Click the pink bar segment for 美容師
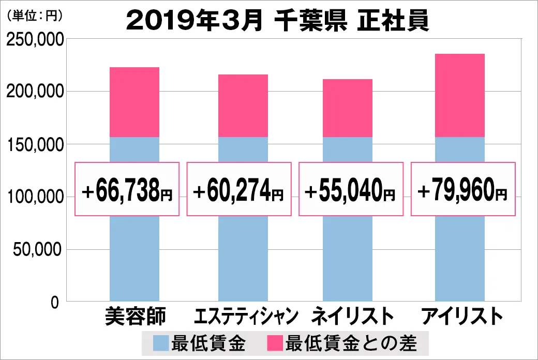pyautogui.click(x=134, y=102)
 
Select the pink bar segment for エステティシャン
pyautogui.click(x=243, y=106)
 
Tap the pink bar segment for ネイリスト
pyautogui.click(x=347, y=108)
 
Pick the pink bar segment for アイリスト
pyautogui.click(x=459, y=95)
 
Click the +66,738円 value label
pyautogui.click(x=127, y=189)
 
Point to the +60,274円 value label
pyautogui.click(x=239, y=189)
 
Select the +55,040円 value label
pyautogui.click(x=351, y=189)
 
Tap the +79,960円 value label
pyautogui.click(x=463, y=189)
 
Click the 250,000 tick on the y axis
pyautogui.click(x=35, y=39)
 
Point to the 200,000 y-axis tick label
pyautogui.click(x=35, y=92)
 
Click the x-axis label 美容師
pyautogui.click(x=134, y=316)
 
